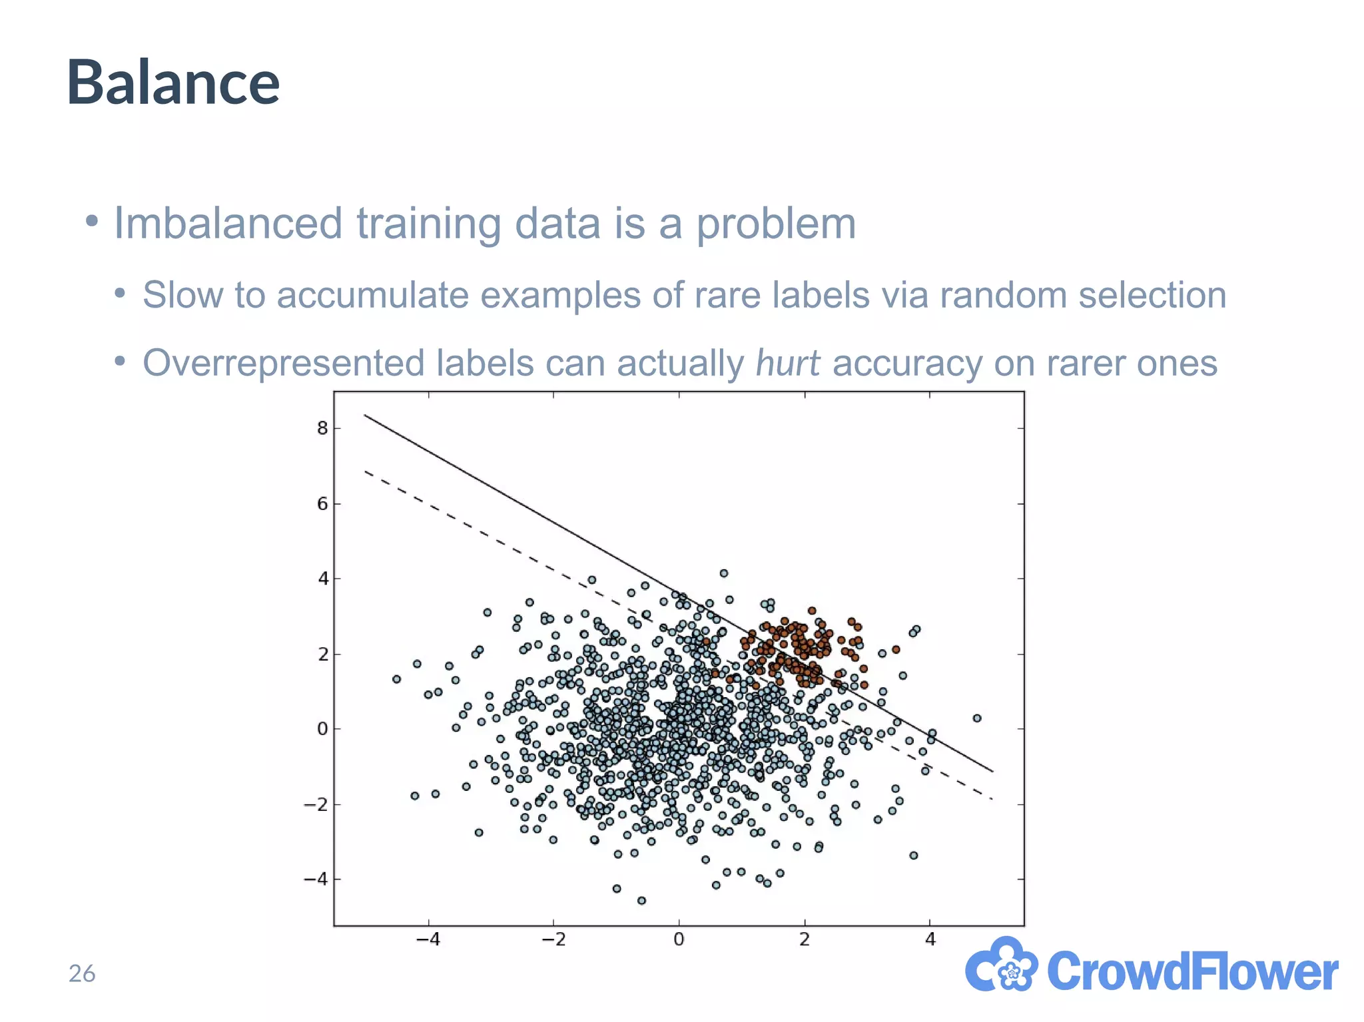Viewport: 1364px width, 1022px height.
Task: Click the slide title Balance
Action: point(173,83)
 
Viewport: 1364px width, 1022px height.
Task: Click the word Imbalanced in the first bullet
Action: point(226,223)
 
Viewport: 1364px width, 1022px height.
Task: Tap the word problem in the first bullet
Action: point(776,224)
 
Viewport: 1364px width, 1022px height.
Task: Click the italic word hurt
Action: point(787,364)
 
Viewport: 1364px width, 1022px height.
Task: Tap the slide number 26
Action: point(82,973)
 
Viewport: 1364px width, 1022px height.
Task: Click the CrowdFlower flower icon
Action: point(1001,965)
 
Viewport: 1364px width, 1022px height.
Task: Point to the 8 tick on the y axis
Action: point(323,428)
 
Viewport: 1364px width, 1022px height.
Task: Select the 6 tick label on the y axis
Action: point(323,504)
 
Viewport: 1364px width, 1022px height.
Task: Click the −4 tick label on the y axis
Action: point(317,880)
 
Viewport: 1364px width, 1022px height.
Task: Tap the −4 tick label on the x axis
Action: point(428,939)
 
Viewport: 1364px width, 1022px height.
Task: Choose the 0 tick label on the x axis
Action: point(679,939)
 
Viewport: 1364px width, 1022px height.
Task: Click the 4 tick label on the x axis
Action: point(930,939)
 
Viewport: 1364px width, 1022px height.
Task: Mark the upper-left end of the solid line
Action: point(365,415)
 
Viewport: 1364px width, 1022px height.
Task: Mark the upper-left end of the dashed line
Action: point(365,471)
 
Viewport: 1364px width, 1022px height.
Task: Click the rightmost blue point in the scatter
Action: point(977,718)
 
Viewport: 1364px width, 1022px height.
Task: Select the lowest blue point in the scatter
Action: point(641,900)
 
